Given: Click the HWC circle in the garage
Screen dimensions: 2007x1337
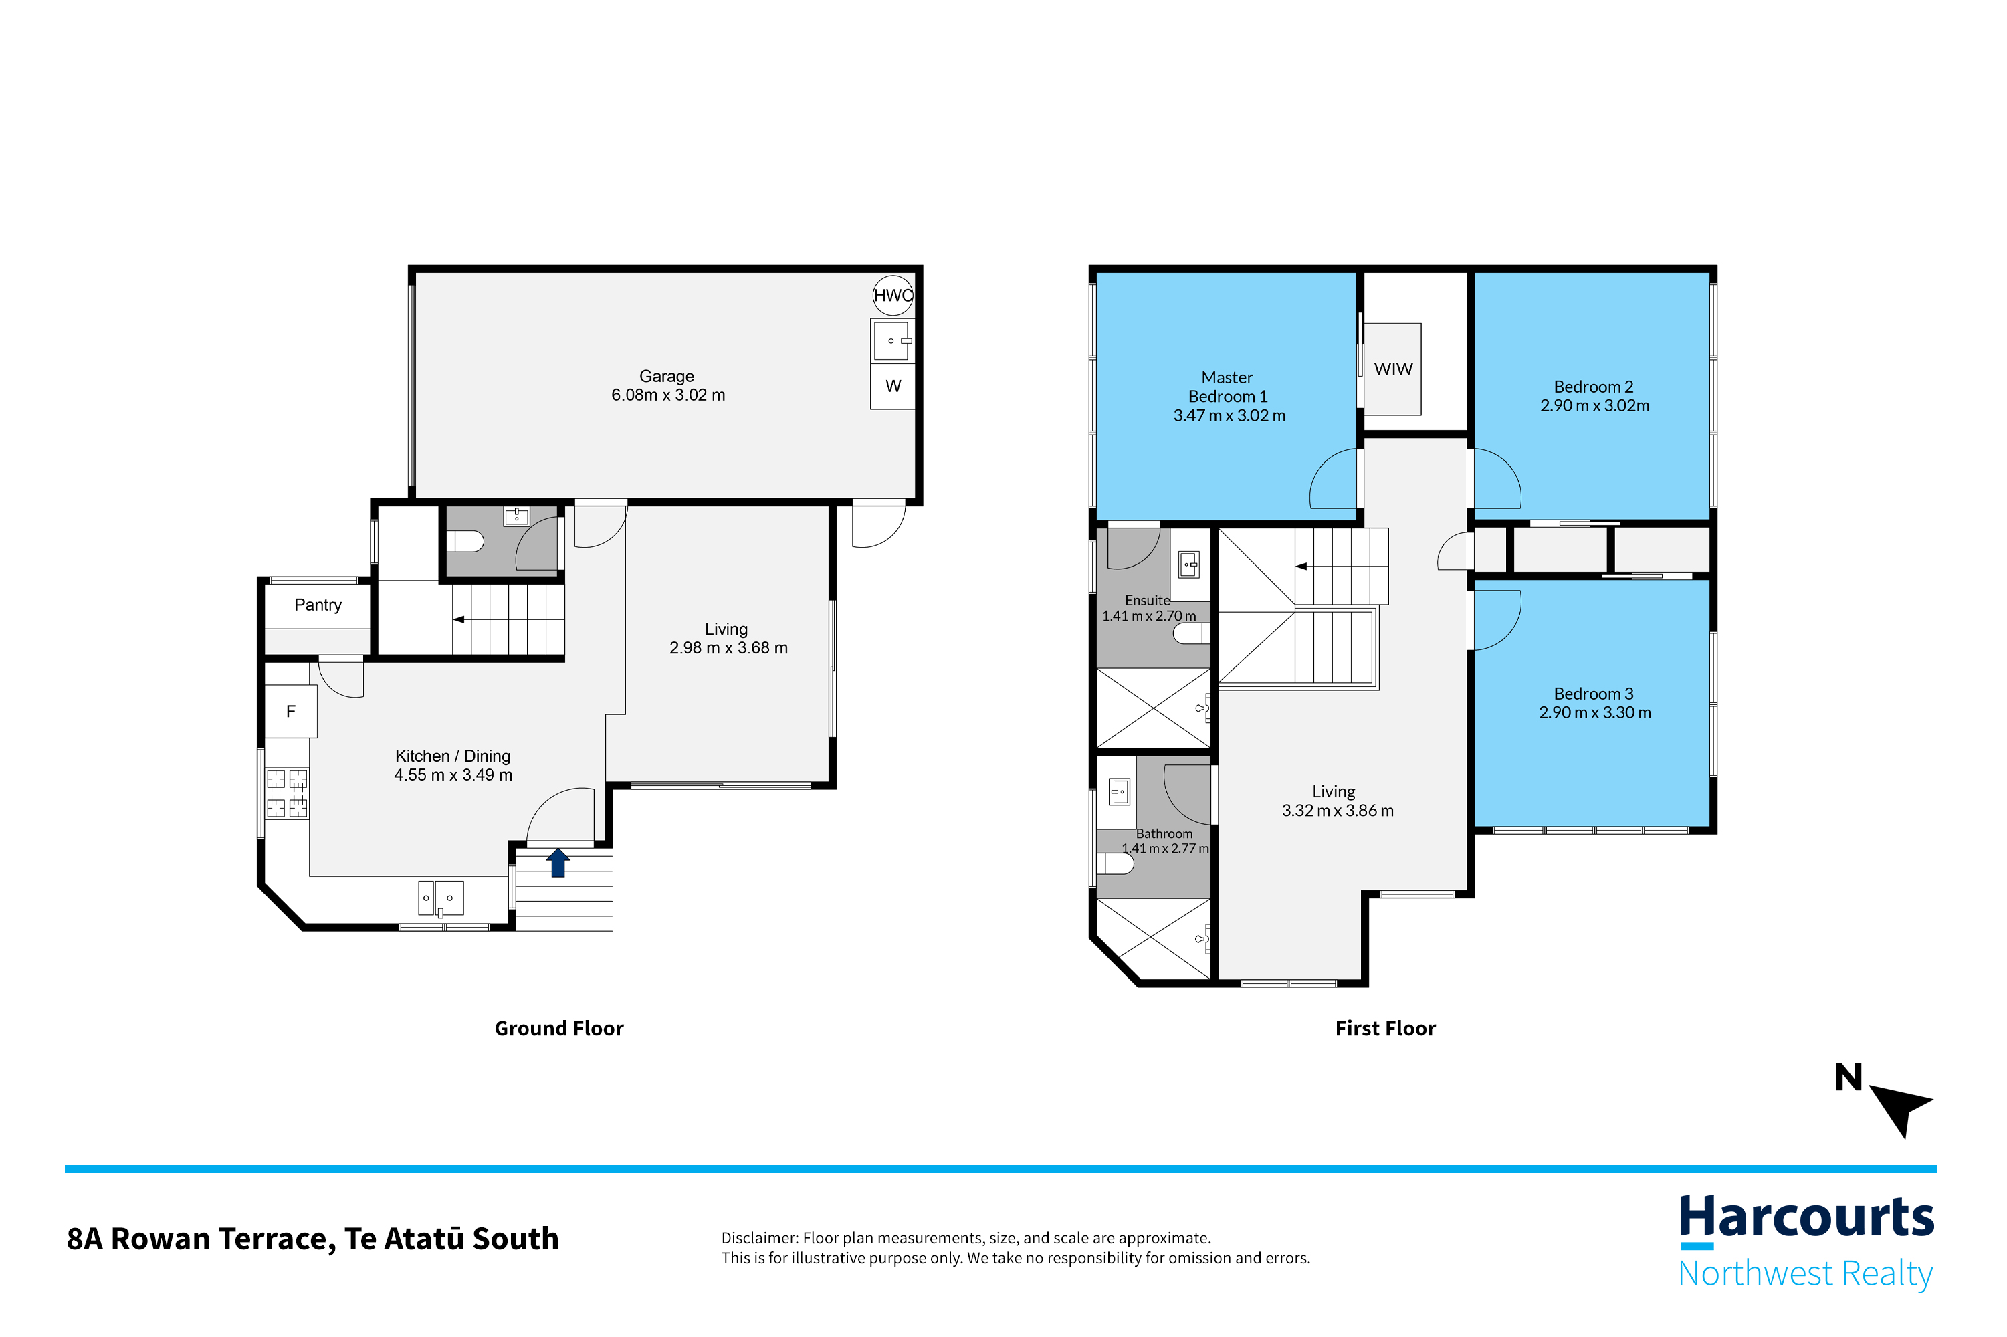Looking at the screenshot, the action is [x=893, y=295].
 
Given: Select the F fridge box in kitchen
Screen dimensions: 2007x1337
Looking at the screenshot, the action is [x=291, y=711].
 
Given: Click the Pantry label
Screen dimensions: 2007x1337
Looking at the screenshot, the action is [x=318, y=605].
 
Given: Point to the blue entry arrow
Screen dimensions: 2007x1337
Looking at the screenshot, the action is [x=558, y=862].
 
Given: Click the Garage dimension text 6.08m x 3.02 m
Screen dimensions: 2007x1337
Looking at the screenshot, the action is [x=668, y=395].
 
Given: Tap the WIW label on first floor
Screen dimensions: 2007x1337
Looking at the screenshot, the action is [x=1393, y=369].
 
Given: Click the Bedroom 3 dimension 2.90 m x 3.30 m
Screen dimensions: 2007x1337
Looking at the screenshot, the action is [x=1594, y=713].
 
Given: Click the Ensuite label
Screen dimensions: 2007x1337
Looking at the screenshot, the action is [x=1147, y=601].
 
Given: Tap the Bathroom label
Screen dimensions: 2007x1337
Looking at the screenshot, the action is [x=1164, y=834].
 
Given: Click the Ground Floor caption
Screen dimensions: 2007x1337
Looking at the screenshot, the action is [x=559, y=1028].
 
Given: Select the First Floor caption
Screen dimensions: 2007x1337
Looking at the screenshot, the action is [x=1386, y=1028].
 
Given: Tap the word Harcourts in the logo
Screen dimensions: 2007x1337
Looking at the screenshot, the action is [x=1806, y=1218].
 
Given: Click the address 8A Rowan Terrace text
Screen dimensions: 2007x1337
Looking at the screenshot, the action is [x=201, y=1239].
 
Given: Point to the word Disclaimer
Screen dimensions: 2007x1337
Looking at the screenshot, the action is [x=760, y=1238].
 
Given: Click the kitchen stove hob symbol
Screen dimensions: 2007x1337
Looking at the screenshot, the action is [x=286, y=793].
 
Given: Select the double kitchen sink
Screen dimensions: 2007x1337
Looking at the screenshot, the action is [x=441, y=898].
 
